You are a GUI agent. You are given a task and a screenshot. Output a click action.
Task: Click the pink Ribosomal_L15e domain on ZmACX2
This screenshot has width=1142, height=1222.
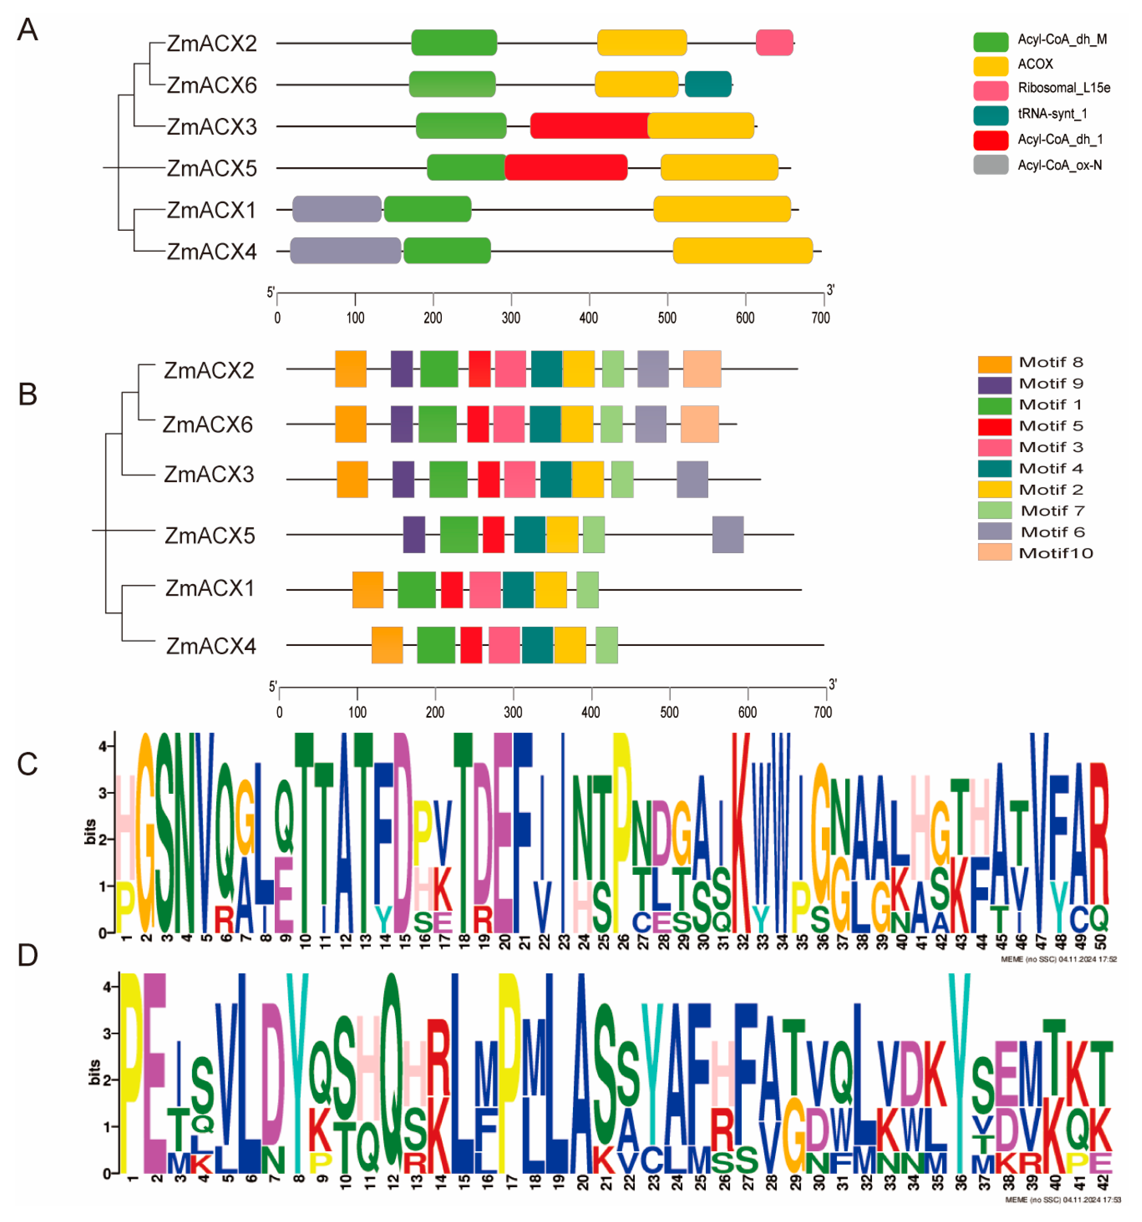tap(773, 43)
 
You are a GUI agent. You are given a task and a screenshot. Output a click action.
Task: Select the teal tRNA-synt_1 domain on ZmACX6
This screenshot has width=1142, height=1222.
tap(708, 84)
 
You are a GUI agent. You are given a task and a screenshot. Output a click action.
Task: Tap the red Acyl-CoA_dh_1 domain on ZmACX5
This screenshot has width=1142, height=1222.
tap(565, 167)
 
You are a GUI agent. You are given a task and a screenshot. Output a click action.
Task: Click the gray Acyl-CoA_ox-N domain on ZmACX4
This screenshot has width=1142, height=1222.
tap(345, 251)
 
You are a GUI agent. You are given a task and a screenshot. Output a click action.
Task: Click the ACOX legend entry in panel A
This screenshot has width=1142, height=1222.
tap(1034, 64)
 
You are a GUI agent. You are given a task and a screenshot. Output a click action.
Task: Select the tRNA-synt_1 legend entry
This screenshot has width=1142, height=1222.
tap(1052, 114)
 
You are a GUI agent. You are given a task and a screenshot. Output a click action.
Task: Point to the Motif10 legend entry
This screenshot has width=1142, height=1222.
tap(1055, 553)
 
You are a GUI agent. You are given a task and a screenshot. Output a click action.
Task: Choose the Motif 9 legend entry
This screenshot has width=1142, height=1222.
tap(1050, 384)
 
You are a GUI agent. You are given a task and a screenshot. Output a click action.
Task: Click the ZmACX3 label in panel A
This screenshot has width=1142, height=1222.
tap(212, 127)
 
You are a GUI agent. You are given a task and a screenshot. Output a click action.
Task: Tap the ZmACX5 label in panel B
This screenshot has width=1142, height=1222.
tap(209, 535)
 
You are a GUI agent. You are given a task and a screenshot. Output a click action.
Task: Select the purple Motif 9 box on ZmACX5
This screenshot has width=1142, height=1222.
tap(414, 534)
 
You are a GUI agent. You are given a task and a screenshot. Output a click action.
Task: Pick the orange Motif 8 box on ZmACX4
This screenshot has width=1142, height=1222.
tap(387, 645)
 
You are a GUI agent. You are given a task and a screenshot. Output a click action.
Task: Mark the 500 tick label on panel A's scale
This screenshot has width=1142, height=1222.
tap(667, 318)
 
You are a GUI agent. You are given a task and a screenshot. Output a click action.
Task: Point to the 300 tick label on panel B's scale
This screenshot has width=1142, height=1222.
tap(512, 712)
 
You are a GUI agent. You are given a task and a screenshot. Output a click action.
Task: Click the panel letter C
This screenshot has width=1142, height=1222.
tap(27, 764)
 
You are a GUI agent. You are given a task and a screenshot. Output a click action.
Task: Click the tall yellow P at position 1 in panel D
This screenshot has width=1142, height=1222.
tap(130, 1073)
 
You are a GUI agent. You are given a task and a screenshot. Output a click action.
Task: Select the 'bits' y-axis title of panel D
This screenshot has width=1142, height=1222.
tap(94, 1072)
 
